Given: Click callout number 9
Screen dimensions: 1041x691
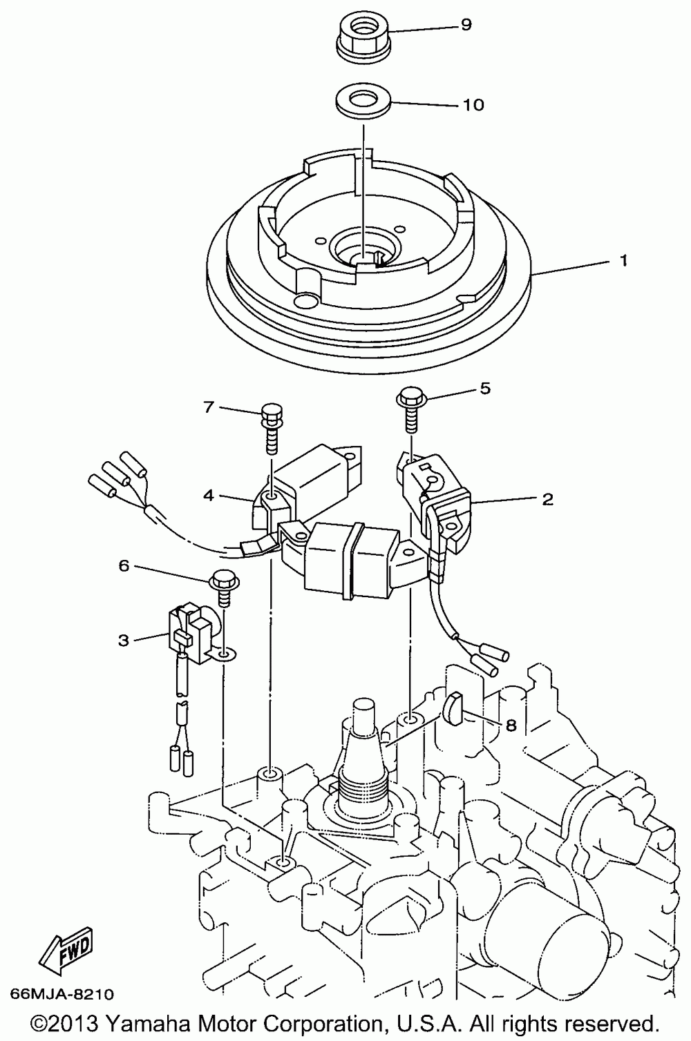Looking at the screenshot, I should pos(466,25).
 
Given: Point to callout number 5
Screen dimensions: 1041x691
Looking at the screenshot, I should pos(485,389).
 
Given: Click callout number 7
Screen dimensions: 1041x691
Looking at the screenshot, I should pos(208,407).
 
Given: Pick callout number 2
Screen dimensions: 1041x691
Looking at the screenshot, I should pos(547,498).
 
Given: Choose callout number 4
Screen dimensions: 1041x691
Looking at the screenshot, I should pos(208,494).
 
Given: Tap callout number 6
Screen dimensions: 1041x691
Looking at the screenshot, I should pos(124,566).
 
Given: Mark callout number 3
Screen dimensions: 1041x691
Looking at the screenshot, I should pos(123,640).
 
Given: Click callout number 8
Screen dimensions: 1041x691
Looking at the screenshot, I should pos(511,726).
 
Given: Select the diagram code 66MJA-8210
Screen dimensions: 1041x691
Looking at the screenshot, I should pos(61,995).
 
